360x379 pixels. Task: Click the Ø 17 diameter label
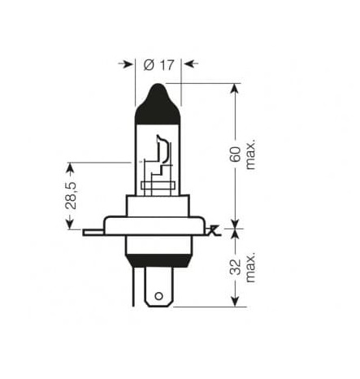(x=158, y=65)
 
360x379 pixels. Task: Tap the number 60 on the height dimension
(x=235, y=155)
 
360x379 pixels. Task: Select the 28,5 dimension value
(x=71, y=195)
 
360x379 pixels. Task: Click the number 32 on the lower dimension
(x=235, y=267)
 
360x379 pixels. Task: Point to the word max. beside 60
(x=250, y=155)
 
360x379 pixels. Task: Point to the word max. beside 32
(x=250, y=268)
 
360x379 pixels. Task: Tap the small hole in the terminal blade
(x=158, y=296)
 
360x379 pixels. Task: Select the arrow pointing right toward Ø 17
(x=126, y=64)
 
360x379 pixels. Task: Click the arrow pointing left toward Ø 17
(x=191, y=64)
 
